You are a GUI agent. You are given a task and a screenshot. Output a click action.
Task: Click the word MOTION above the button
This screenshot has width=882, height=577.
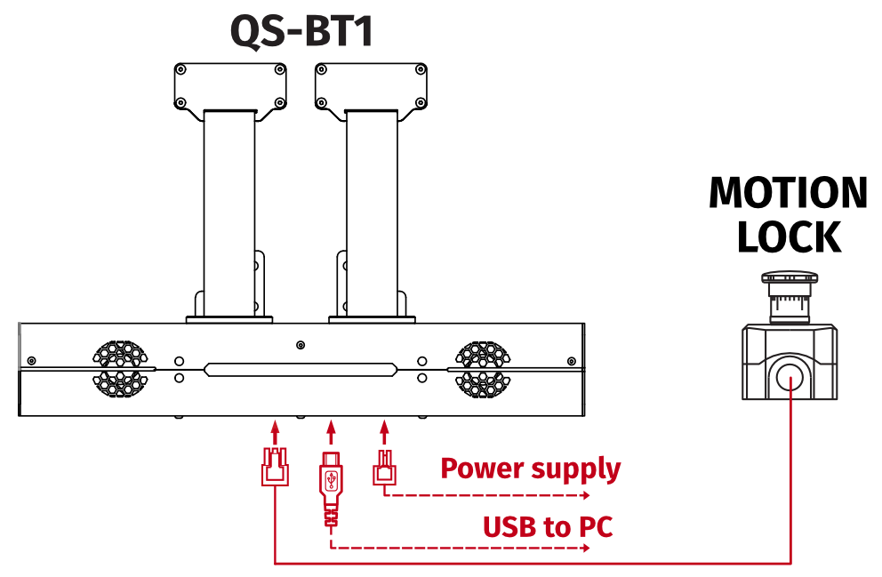tap(788, 194)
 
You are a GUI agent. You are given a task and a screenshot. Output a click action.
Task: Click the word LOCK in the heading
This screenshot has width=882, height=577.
tap(789, 236)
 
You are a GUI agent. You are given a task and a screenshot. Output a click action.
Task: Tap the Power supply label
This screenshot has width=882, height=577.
tap(530, 468)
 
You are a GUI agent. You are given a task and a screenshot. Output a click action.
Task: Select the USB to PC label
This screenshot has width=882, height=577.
tap(547, 526)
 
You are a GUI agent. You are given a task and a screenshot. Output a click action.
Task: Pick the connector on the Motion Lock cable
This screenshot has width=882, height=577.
tap(274, 467)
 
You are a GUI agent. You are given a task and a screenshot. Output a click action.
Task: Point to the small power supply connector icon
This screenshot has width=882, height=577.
tap(384, 468)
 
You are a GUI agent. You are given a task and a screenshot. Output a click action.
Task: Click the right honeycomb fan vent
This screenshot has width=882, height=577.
tap(483, 368)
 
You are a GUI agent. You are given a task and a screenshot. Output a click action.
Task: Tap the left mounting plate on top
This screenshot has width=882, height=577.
tap(230, 86)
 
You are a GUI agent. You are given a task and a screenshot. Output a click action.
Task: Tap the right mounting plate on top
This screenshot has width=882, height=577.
tap(372, 86)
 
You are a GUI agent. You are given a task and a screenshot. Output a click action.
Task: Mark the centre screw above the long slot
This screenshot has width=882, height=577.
tap(301, 344)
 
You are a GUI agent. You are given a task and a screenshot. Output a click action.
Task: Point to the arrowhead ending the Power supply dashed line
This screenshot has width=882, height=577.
tap(585, 496)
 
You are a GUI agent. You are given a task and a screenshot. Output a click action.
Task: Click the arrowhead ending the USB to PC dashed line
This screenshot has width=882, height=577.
tap(585, 548)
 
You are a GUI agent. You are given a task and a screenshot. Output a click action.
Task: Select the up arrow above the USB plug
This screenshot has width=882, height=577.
tap(331, 432)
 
